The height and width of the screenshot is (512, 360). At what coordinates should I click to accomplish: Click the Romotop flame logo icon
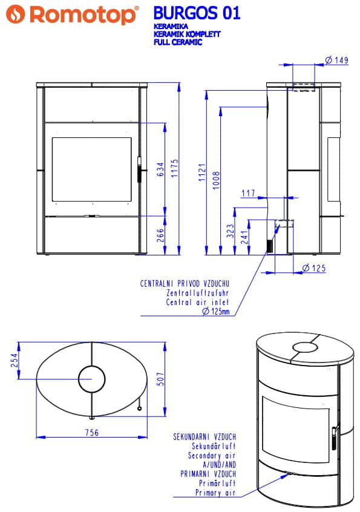pyautogui.click(x=15, y=15)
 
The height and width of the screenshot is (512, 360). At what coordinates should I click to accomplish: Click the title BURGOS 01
pyautogui.click(x=197, y=13)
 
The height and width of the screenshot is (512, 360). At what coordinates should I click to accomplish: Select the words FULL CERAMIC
pyautogui.click(x=178, y=42)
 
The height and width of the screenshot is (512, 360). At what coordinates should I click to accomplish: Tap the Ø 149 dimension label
pyautogui.click(x=337, y=60)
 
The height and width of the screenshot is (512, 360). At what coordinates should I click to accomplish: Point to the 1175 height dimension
pyautogui.click(x=175, y=168)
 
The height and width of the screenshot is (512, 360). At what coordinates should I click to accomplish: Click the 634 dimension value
pyautogui.click(x=160, y=169)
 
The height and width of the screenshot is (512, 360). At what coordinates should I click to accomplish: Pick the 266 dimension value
pyautogui.click(x=160, y=235)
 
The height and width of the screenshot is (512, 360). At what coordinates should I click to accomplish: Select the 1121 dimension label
pyautogui.click(x=202, y=172)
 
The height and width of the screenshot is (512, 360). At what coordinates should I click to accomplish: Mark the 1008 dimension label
pyautogui.click(x=217, y=180)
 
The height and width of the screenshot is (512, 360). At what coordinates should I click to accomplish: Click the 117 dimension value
pyautogui.click(x=248, y=193)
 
